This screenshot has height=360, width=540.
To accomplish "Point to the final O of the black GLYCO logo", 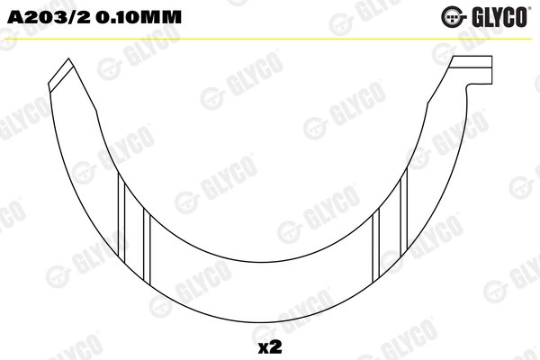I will pyautogui.click(x=526, y=15).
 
